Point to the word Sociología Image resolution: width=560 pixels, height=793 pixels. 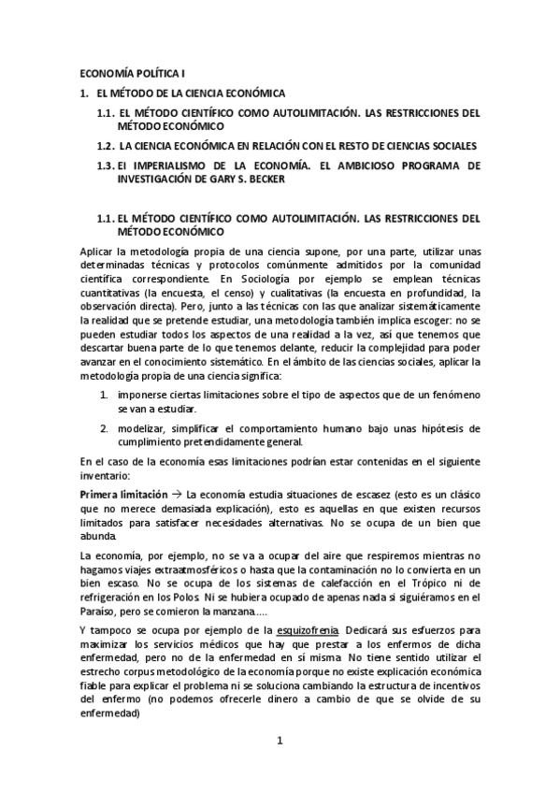pyautogui.click(x=259, y=279)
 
